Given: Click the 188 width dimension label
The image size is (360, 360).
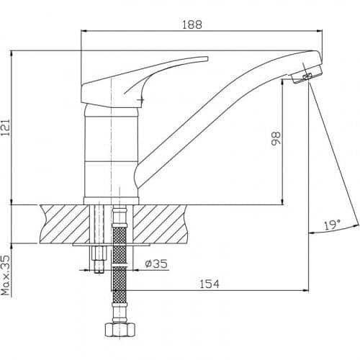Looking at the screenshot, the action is [x=192, y=24].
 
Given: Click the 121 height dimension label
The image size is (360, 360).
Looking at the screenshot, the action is [x=6, y=127].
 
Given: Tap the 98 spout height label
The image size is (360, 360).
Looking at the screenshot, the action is [x=276, y=138].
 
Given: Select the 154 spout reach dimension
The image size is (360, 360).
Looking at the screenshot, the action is [x=210, y=284].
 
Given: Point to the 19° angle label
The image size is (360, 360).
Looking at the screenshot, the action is [x=332, y=225].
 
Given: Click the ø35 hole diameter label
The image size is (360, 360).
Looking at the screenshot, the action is [x=156, y=264].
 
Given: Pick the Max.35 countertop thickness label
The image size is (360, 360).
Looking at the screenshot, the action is [x=6, y=275].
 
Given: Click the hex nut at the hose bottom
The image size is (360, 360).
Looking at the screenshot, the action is [x=120, y=330].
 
